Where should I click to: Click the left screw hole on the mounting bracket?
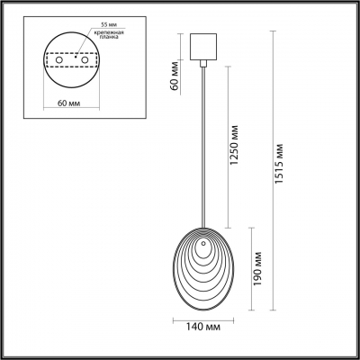60,66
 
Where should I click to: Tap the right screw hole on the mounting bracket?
85,66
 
